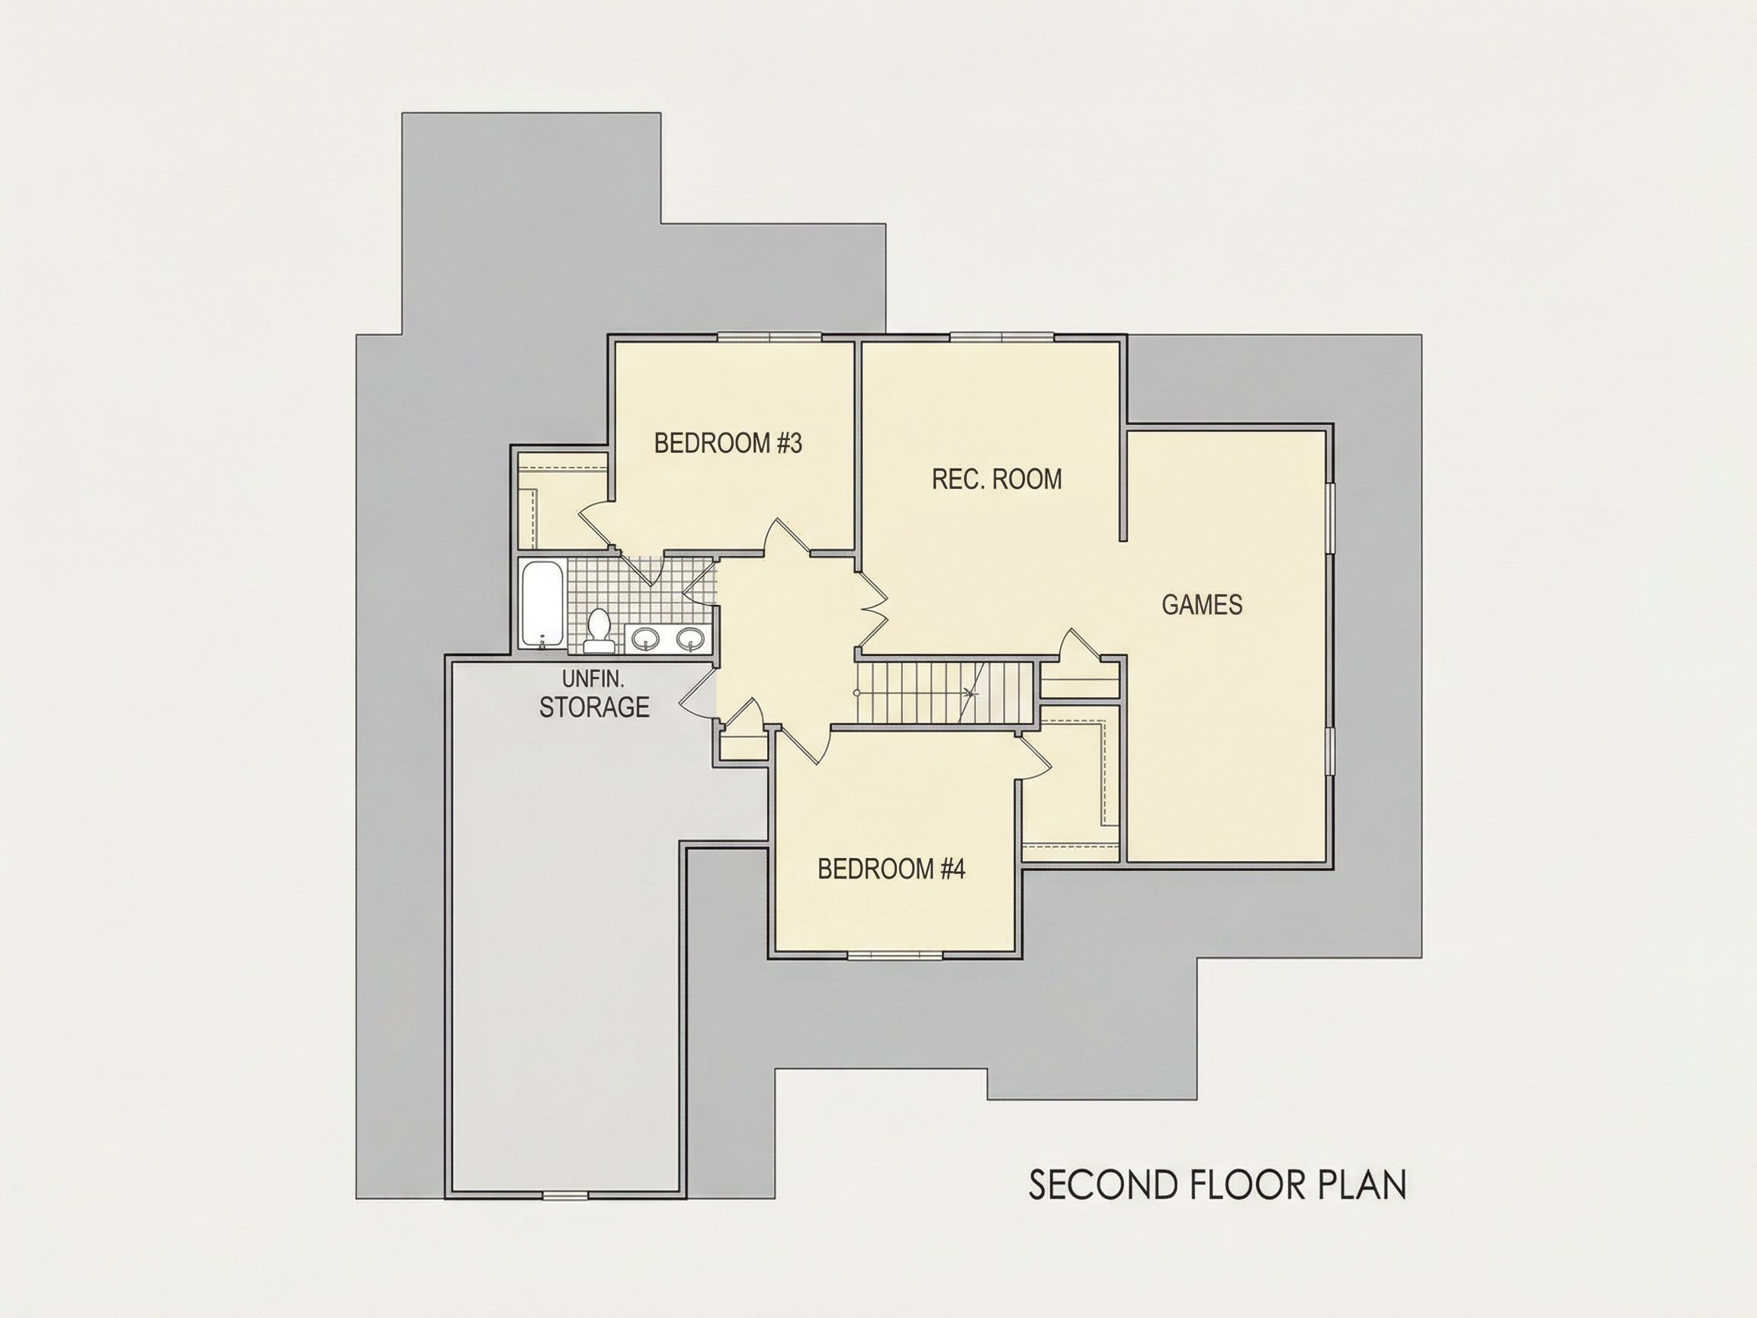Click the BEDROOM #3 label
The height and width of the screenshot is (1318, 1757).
point(728,443)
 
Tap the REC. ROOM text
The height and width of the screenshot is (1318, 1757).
point(997,479)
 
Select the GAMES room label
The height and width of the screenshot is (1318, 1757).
point(1202,605)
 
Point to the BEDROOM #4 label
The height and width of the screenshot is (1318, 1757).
point(891,870)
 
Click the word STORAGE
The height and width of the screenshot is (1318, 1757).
point(594,706)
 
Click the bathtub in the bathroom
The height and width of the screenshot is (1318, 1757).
point(542,603)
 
